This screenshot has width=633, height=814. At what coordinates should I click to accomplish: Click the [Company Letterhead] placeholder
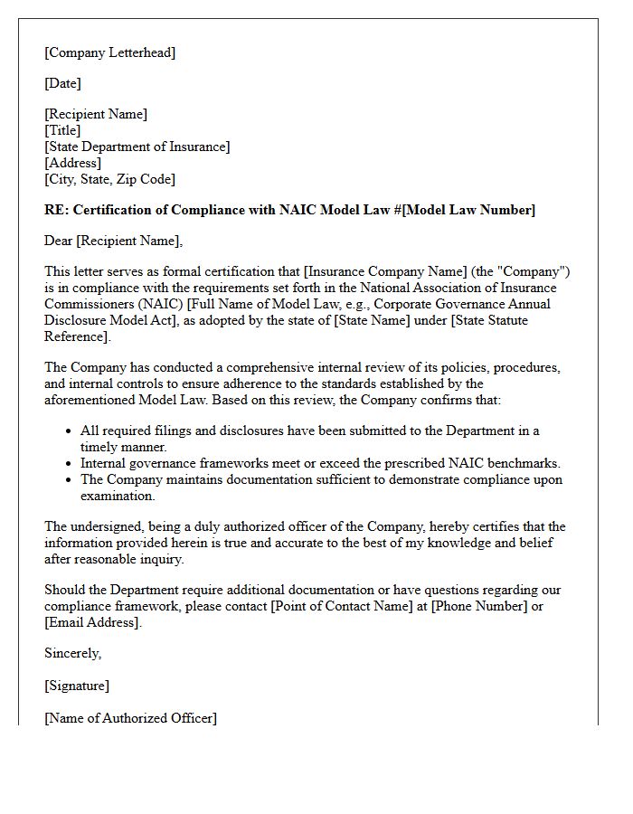click(x=110, y=52)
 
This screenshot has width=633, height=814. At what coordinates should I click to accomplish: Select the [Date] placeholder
click(x=62, y=83)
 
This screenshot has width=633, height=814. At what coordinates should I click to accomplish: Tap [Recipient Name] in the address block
click(x=96, y=114)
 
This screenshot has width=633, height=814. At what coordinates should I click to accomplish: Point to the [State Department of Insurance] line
click(x=137, y=147)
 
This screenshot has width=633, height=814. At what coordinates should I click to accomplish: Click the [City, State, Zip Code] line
click(x=110, y=179)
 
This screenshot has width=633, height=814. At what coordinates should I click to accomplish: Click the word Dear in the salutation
click(x=59, y=241)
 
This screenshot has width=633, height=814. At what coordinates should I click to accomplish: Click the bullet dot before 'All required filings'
click(x=69, y=431)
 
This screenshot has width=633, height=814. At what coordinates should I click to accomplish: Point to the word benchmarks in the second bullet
click(x=525, y=463)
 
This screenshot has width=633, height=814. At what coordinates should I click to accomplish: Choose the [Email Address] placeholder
click(x=92, y=622)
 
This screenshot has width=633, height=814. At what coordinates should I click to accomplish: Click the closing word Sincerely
click(x=72, y=653)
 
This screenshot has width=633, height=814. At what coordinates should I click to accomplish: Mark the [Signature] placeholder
click(x=77, y=686)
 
